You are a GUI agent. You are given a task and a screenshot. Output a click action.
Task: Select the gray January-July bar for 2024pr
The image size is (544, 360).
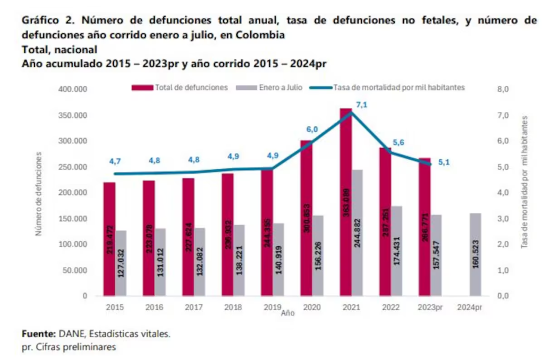tap(475, 254)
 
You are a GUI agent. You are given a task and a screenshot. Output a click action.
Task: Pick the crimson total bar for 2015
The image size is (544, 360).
tap(109, 239)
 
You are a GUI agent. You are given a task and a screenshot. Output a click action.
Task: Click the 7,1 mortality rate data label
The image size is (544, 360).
tap(362, 105)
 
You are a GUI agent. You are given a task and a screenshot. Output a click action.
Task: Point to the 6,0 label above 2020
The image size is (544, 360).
tap(312, 130)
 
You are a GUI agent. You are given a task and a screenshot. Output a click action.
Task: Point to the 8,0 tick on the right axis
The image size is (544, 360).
tap(503, 90)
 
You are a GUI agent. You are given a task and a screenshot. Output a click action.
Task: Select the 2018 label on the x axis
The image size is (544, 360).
tap(233, 307)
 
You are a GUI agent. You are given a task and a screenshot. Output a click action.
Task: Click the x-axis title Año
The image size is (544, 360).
tap(287, 313)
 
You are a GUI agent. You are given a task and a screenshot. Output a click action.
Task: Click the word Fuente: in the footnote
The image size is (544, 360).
tap(38, 334)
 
